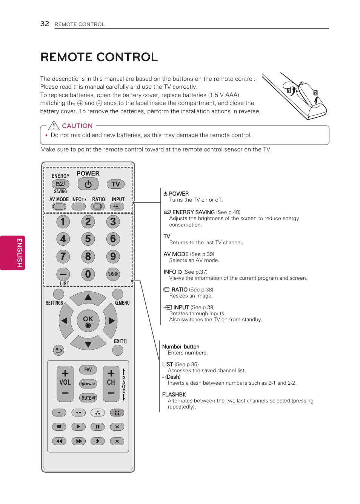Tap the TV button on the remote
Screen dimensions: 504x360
(115, 184)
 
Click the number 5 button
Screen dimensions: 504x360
(88, 239)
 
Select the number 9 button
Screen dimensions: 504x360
(113, 257)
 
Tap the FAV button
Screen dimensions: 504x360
(88, 370)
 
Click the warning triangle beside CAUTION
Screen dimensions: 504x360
(54, 125)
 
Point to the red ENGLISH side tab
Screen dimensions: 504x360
(13, 253)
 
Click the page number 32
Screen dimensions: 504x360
(45, 24)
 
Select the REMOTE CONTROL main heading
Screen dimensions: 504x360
(99, 57)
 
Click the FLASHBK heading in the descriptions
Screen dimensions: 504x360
(174, 395)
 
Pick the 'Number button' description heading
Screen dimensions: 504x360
(181, 347)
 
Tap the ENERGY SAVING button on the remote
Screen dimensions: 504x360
(60, 184)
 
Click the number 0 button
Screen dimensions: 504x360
(88, 274)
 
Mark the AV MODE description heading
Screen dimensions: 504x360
(176, 254)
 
